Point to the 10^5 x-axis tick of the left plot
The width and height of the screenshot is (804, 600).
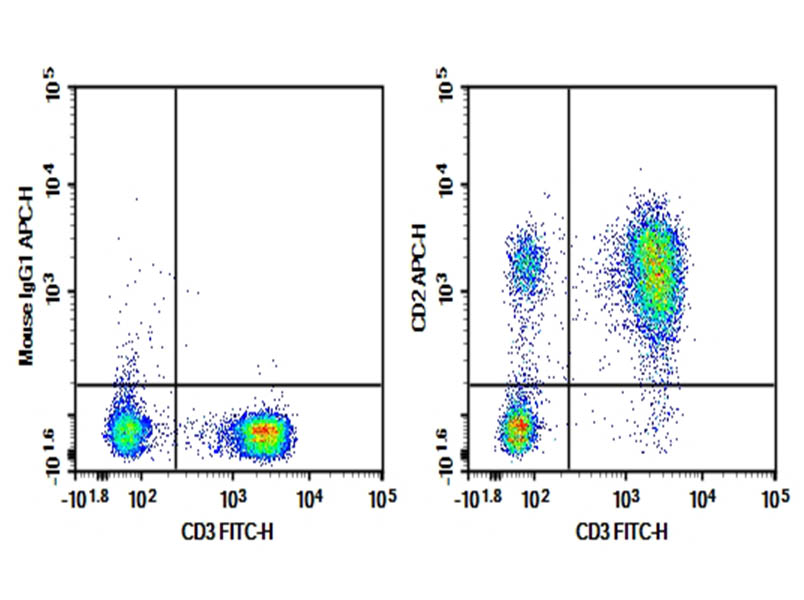381,497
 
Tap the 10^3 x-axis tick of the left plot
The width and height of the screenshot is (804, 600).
233,497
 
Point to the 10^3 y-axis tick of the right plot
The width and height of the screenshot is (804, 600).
447,291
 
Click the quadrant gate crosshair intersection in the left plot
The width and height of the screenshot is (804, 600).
176,384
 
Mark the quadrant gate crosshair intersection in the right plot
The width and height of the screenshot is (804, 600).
569,384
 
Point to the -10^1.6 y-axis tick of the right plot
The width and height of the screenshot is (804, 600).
447,448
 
